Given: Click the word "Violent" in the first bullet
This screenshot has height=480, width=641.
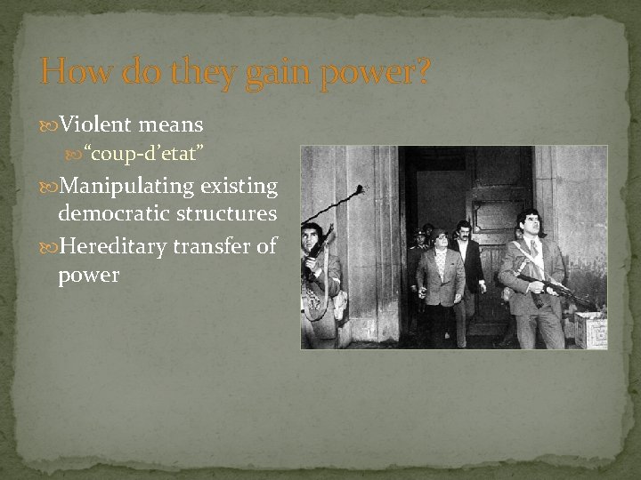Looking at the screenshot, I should pos(95,124).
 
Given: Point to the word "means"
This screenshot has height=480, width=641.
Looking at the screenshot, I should pos(171,124).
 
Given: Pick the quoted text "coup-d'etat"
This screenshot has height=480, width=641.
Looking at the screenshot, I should pos(144,156).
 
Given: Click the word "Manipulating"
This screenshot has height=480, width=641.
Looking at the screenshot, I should pos(126,187).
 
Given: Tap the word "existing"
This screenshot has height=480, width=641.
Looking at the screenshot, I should pos(239,187).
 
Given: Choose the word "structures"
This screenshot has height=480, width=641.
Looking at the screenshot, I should pos(227,213).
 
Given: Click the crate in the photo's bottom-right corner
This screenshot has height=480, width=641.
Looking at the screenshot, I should pos(590,330).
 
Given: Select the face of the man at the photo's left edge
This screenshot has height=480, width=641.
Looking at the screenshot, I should pos(310,238).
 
